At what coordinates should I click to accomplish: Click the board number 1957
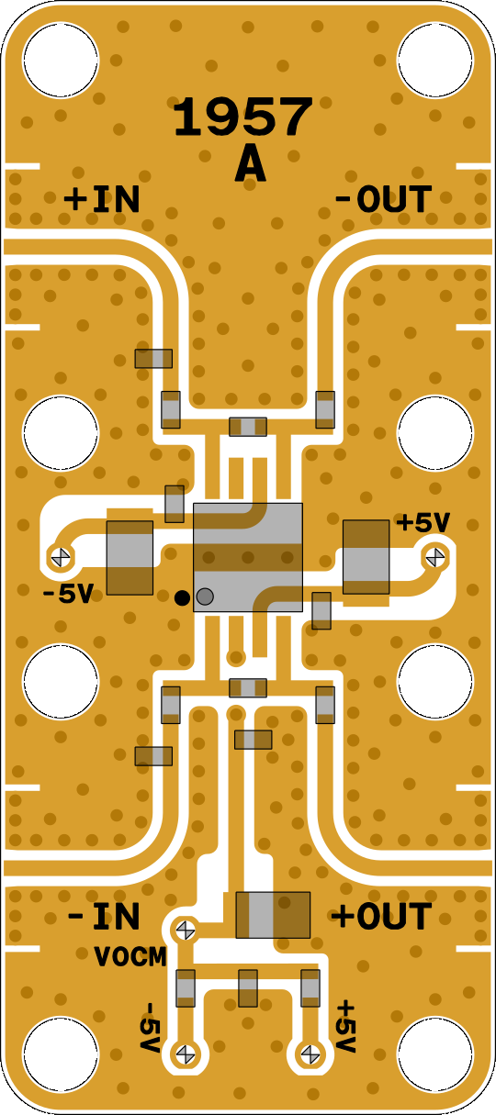(x=243, y=117)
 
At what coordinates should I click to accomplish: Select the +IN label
(x=102, y=200)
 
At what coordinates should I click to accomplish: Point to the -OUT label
(x=383, y=199)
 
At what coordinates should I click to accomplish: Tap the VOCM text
(x=130, y=957)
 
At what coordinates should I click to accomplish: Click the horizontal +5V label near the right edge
(x=423, y=523)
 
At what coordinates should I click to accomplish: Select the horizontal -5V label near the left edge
(x=68, y=594)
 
